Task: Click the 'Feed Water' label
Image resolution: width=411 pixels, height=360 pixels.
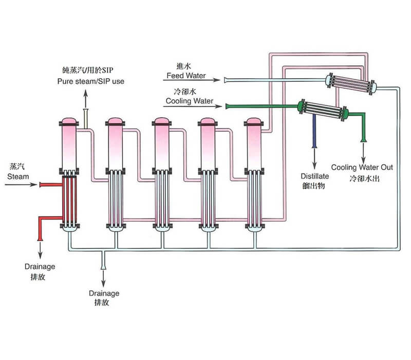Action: (186, 76)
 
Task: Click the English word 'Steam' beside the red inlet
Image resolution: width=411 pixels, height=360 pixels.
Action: (17, 176)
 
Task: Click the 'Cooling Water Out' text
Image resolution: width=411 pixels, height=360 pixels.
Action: (362, 167)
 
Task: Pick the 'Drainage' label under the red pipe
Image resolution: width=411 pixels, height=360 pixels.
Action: (40, 266)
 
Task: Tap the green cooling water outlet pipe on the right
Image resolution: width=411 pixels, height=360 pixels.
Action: (364, 126)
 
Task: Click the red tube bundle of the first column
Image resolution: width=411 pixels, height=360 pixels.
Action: (68, 201)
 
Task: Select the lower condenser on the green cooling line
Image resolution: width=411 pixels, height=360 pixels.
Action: (323, 110)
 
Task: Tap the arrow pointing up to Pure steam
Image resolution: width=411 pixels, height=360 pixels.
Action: (86, 98)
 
